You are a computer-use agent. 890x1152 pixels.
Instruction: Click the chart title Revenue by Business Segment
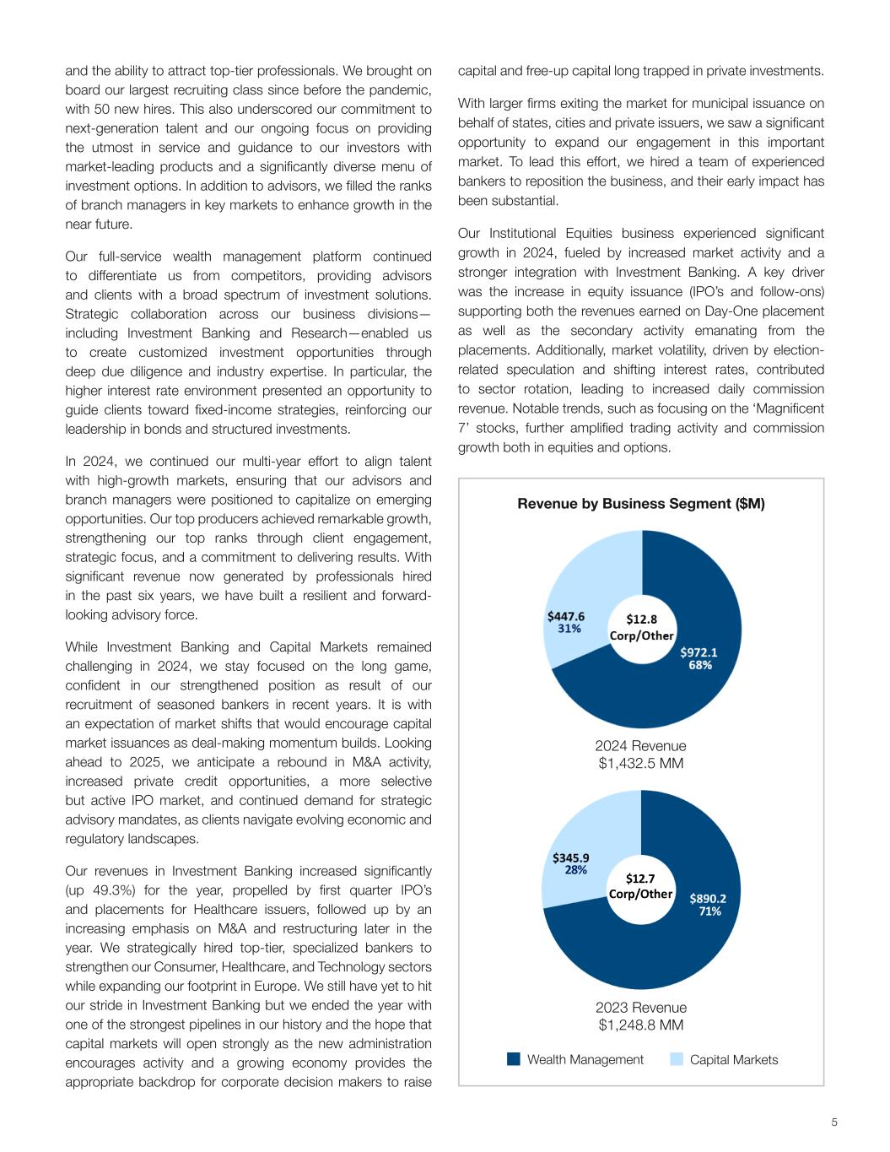(640, 504)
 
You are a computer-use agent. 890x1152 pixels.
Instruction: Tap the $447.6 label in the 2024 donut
(566, 616)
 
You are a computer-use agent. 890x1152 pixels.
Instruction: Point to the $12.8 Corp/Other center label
(642, 627)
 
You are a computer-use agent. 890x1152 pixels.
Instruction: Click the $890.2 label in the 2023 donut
(708, 898)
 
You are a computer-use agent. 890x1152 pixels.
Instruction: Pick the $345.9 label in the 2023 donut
(571, 857)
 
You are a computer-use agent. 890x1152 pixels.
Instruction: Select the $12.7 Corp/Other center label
(640, 885)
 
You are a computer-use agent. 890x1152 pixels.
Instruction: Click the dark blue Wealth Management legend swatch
(513, 1059)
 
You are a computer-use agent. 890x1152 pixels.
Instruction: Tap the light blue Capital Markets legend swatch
(677, 1059)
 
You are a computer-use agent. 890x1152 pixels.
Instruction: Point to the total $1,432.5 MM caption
(640, 763)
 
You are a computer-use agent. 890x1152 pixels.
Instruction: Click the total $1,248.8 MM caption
(640, 1025)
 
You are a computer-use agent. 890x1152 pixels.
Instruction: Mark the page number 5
(834, 1122)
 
